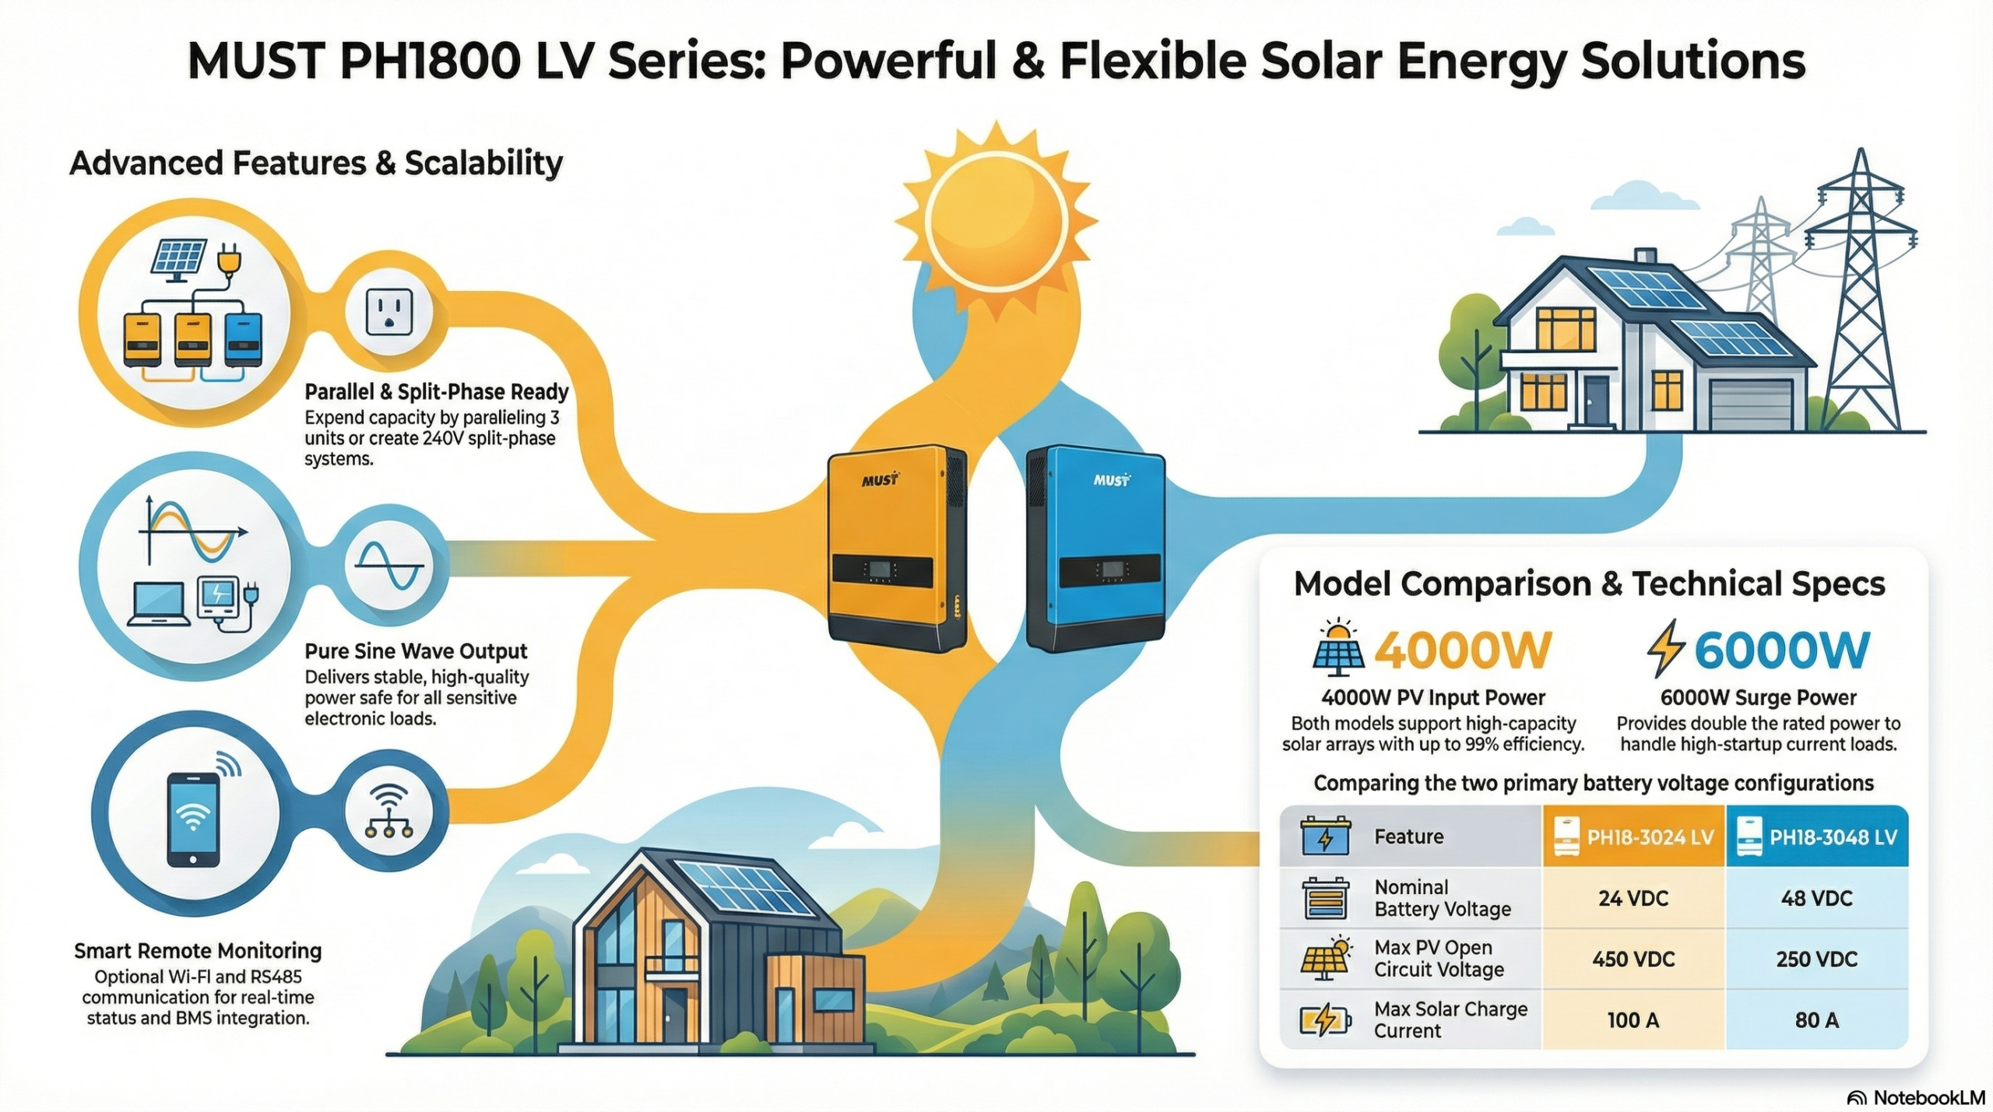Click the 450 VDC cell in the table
point(1633,959)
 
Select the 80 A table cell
point(1817,1019)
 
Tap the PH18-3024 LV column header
point(1633,837)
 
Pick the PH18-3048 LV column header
point(1817,837)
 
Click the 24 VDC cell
point(1633,898)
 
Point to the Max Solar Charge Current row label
point(1450,1019)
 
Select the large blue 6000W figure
point(1781,651)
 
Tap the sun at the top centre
point(996,217)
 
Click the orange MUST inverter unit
point(897,548)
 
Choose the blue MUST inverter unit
point(1095,548)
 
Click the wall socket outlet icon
point(389,312)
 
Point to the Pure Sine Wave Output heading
point(416,651)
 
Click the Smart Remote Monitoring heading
point(198,950)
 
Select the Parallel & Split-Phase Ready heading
point(437,391)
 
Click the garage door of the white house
point(1744,405)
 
